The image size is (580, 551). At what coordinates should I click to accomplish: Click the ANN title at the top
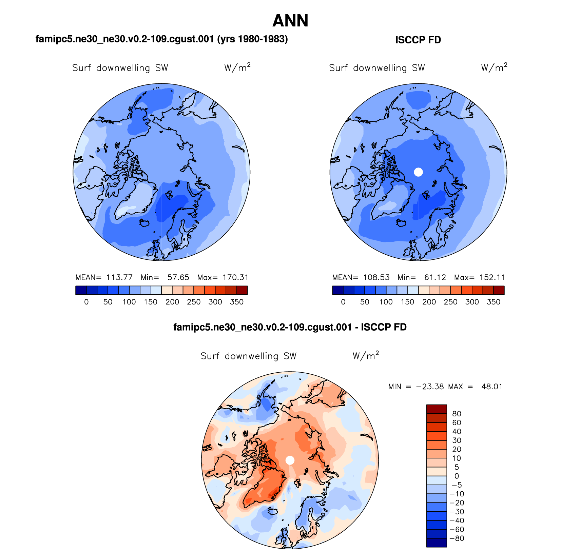[290, 21]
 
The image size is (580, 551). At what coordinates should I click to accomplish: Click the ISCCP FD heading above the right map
[418, 40]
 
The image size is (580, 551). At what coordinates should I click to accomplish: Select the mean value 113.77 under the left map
[119, 277]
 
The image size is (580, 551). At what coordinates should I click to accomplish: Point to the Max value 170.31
[235, 277]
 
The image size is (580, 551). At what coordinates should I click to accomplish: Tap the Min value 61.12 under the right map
[435, 277]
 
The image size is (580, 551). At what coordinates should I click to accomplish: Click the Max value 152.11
[492, 277]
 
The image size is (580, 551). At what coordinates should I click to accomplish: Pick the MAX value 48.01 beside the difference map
[492, 387]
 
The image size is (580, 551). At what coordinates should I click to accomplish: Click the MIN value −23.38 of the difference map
[430, 387]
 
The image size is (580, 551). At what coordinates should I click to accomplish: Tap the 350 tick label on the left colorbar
[237, 302]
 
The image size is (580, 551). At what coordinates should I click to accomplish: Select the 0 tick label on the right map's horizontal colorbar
[343, 302]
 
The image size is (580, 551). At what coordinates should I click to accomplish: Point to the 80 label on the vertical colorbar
[457, 414]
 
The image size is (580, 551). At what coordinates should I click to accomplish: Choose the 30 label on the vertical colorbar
[457, 440]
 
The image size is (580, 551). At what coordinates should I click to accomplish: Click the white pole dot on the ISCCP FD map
[419, 172]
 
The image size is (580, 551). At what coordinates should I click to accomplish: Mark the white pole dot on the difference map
[290, 460]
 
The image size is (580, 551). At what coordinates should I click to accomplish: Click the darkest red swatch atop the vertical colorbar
[437, 409]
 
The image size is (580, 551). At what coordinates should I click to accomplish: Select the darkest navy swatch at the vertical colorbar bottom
[437, 543]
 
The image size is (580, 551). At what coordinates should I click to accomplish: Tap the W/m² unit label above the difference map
[366, 356]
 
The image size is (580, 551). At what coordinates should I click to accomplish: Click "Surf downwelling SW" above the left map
[120, 68]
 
